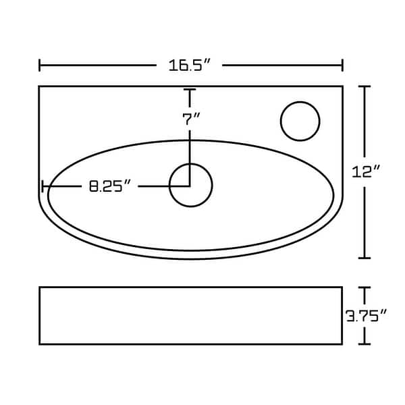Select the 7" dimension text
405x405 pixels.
click(x=191, y=119)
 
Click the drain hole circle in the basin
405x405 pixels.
click(x=191, y=185)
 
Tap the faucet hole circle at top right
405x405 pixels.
click(x=300, y=122)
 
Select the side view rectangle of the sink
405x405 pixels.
click(x=190, y=315)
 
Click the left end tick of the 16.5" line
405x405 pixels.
click(x=40, y=65)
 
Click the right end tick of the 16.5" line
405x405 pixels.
click(x=342, y=65)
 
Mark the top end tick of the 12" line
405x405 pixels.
click(x=365, y=86)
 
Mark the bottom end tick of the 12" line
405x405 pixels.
click(x=365, y=258)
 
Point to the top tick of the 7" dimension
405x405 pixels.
click(x=191, y=90)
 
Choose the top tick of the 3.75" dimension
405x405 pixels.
click(x=365, y=288)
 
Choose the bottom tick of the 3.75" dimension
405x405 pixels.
click(x=365, y=344)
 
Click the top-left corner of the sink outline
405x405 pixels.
click(x=39, y=86)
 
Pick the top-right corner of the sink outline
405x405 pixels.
click(x=342, y=86)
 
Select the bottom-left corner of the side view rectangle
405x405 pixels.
click(x=40, y=344)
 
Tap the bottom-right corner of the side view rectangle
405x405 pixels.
click(x=341, y=344)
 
